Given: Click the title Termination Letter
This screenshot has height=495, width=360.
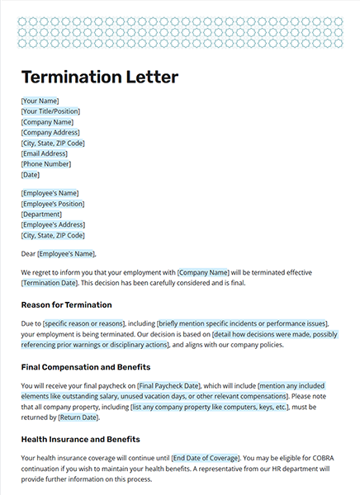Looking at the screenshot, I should tap(99, 78).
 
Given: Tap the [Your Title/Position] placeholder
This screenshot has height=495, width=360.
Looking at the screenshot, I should tap(50, 111).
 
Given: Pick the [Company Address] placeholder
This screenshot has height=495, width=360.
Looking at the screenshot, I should tap(50, 132).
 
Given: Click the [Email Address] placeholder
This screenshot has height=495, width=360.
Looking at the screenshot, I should tap(45, 153).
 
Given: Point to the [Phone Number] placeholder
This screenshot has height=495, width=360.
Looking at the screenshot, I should tap(45, 163).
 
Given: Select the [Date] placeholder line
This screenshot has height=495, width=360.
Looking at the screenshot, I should tap(31, 174).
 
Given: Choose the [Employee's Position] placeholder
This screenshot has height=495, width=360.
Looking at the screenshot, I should tap(53, 203).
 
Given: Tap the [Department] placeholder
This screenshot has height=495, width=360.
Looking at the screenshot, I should tap(42, 214).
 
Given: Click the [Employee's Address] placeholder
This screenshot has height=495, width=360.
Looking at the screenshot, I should tap(53, 224).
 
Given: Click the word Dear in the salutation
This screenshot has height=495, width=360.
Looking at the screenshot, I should tap(28, 253).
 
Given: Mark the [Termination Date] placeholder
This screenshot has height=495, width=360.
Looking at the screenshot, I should tap(49, 283).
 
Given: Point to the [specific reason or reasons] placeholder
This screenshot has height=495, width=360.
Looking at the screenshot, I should tap(83, 324).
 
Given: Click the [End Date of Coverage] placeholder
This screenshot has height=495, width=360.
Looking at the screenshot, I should tap(206, 458).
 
